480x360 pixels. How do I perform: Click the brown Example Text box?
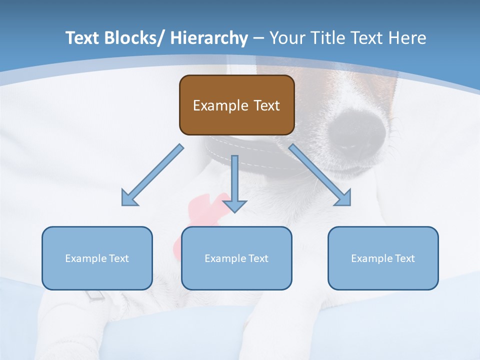point(236,105)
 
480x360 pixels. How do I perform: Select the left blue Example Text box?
point(97,258)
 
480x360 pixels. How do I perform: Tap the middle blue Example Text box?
point(236,258)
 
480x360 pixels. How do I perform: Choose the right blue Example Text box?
point(383,258)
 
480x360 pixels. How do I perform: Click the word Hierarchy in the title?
point(209,38)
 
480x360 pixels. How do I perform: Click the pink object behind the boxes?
point(200,210)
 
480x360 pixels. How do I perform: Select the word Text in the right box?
point(404,258)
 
